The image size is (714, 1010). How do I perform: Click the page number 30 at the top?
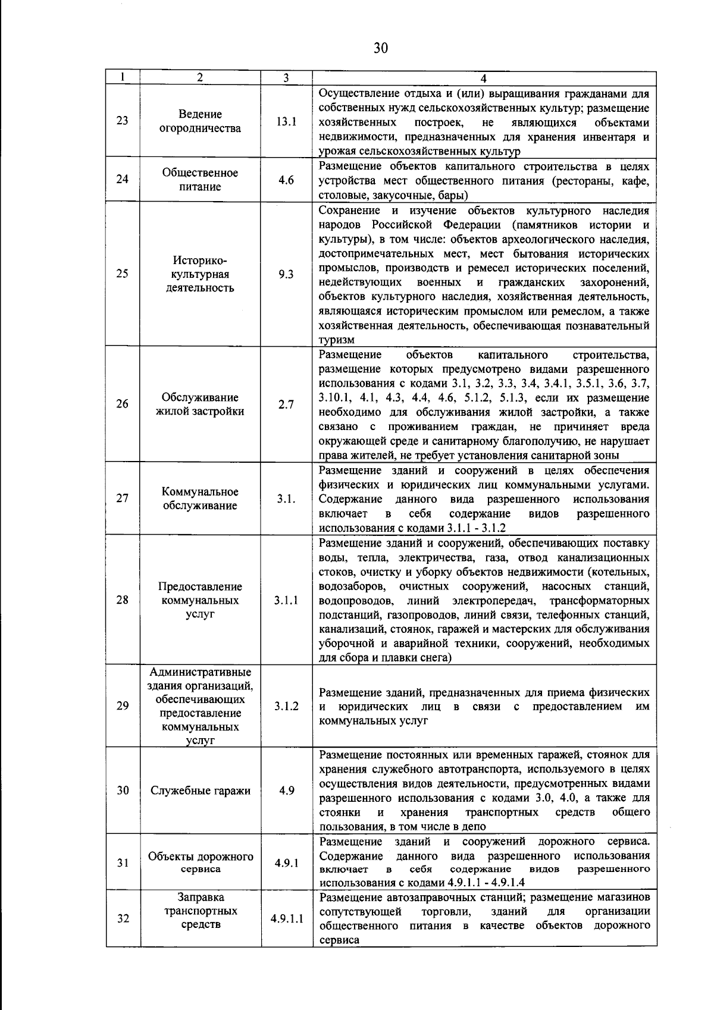coord(381,48)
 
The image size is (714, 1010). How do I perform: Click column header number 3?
coord(286,78)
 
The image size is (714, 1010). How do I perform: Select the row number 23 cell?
coord(123,121)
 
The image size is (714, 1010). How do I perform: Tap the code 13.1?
coord(286,121)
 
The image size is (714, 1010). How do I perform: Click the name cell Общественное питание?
coord(200,180)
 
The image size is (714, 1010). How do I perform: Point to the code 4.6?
coord(286,180)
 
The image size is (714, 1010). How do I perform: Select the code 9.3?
coord(286,274)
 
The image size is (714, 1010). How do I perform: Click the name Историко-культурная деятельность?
coord(200,274)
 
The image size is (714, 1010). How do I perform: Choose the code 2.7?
coord(286,404)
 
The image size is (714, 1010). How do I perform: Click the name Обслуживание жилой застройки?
coord(200,404)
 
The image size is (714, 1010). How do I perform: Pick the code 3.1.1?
coord(286,600)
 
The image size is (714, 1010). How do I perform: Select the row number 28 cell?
coord(123,600)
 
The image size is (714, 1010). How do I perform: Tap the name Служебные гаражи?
coord(201,791)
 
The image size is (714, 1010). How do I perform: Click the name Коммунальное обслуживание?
coord(200,498)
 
